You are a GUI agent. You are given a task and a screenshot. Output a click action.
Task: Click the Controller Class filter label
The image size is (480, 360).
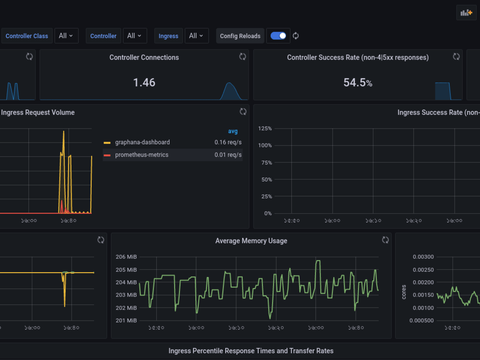coord(27,36)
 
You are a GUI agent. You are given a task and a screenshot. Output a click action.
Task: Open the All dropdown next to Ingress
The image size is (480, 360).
coord(196,36)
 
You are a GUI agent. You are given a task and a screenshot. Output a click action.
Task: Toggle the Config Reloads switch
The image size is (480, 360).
coord(278,36)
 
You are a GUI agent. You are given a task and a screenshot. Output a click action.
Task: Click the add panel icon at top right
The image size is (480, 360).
coord(466,13)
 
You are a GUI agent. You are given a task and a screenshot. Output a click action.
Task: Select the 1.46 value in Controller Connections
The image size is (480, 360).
coord(144,83)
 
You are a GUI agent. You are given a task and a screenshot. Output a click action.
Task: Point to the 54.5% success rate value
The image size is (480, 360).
coord(358,83)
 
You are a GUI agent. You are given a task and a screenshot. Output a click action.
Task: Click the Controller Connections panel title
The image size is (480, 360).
coord(144,58)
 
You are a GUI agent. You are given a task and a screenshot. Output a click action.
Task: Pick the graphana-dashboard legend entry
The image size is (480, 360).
coord(142,143)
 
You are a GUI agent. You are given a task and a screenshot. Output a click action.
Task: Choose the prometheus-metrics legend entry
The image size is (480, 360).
coord(142,155)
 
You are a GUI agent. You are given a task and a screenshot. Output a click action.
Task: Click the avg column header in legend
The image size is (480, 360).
coord(233,131)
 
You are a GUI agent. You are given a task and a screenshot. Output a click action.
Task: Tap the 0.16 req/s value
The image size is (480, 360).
coord(228,143)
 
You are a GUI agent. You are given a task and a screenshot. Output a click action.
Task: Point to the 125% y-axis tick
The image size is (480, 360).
coord(265,129)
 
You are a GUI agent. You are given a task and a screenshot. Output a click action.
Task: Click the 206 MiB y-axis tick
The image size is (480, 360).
coord(126,257)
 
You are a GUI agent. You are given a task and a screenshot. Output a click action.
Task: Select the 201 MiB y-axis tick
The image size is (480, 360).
coord(126,321)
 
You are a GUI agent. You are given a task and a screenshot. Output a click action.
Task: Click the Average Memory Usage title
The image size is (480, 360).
coord(251,241)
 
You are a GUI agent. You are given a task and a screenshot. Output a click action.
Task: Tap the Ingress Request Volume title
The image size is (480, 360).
coord(38,113)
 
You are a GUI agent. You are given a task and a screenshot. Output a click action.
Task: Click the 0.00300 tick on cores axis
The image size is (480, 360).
coord(423,257)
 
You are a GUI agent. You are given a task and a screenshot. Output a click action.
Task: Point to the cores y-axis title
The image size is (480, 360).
coord(404,292)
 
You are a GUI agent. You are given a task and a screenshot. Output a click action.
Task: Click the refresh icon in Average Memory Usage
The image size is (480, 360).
coord(385,240)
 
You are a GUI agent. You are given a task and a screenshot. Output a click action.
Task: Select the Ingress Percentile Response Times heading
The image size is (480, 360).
coord(251,351)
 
